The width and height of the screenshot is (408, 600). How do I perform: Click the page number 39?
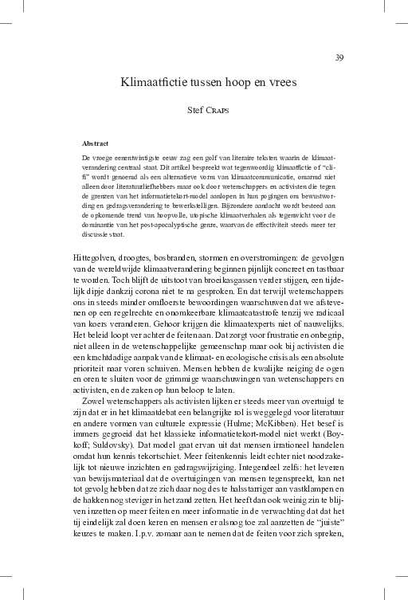click(339, 57)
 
